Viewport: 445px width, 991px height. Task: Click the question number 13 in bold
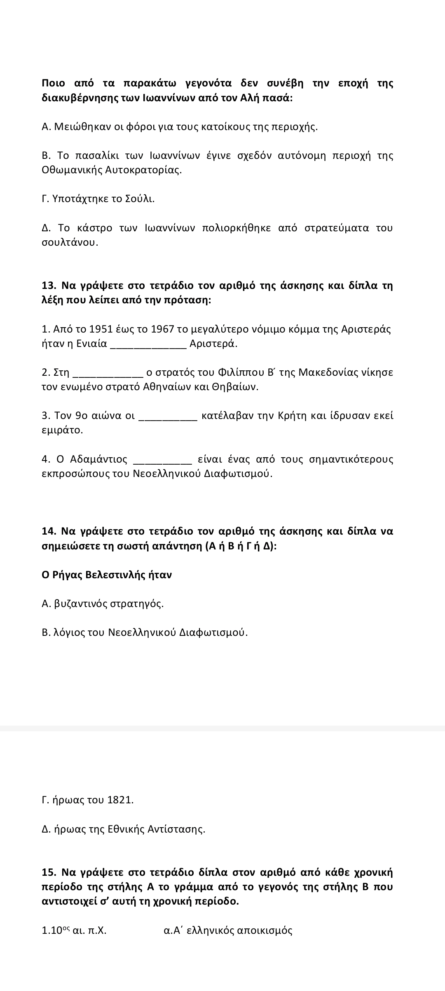coord(49,286)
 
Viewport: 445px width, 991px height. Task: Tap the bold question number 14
coord(49,531)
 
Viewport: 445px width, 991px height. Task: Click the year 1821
coord(120,800)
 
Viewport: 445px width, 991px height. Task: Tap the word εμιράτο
coord(62,430)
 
